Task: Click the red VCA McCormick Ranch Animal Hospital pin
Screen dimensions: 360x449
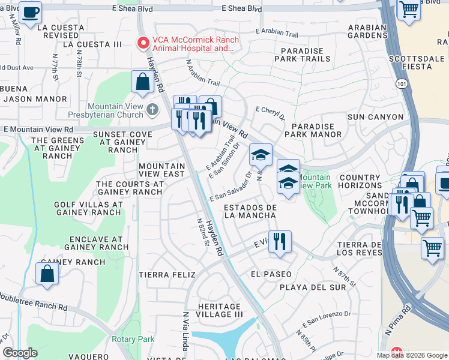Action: point(143,43)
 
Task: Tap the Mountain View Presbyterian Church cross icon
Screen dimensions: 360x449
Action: point(152,109)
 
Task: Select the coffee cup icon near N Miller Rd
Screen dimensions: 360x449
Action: point(31,11)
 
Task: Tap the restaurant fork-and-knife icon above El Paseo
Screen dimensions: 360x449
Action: point(280,241)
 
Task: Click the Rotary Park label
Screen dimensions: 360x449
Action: point(133,340)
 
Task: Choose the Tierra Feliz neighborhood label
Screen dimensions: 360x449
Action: point(167,275)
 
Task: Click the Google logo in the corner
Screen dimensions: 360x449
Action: point(20,353)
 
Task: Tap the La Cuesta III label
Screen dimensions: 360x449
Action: point(92,44)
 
